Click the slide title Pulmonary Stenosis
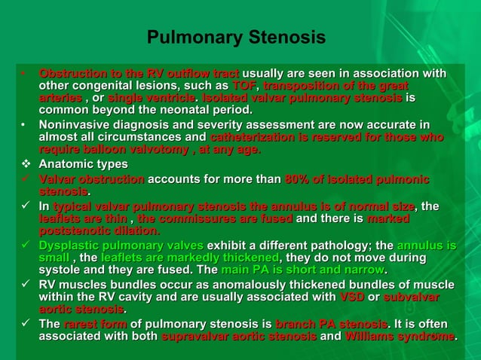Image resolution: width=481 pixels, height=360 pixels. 236,37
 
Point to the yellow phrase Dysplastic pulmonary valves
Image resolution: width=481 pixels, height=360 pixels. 121,246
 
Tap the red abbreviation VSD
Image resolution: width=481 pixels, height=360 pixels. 352,297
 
